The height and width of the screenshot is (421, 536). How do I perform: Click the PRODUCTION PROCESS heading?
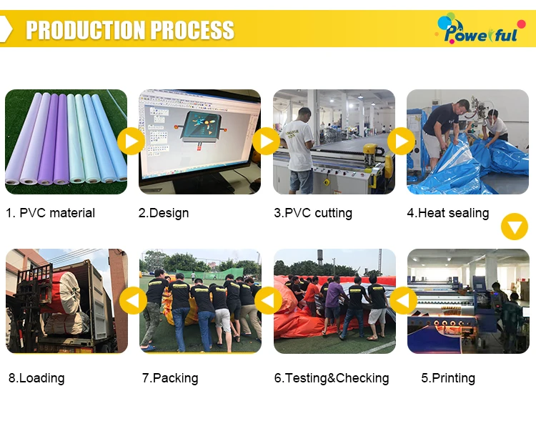(x=130, y=30)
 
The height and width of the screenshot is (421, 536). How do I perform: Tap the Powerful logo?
(x=476, y=29)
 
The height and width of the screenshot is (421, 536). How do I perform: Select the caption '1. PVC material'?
(x=50, y=213)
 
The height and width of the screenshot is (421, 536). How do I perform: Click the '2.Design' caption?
(x=164, y=213)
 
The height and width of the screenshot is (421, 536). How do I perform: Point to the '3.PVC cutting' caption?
(x=313, y=213)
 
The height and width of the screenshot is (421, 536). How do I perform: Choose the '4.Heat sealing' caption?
(x=448, y=213)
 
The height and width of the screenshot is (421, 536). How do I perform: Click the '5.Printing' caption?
(x=448, y=378)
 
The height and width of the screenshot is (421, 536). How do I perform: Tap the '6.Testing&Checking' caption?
(x=332, y=378)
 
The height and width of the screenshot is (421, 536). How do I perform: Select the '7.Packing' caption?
(x=170, y=378)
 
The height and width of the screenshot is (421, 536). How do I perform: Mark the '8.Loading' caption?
(x=36, y=378)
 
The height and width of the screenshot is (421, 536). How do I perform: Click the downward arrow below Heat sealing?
(x=514, y=227)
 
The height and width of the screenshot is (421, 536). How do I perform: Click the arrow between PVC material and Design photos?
(x=131, y=142)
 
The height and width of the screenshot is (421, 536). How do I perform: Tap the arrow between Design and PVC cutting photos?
(x=266, y=142)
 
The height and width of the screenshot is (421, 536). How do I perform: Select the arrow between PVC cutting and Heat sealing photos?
(x=401, y=142)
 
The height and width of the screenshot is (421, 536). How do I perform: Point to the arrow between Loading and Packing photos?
(x=133, y=300)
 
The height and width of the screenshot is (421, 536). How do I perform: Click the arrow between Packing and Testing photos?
(x=268, y=300)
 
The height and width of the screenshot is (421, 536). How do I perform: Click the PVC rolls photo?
(x=66, y=142)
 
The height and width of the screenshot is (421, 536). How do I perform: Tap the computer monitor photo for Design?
(x=199, y=142)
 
